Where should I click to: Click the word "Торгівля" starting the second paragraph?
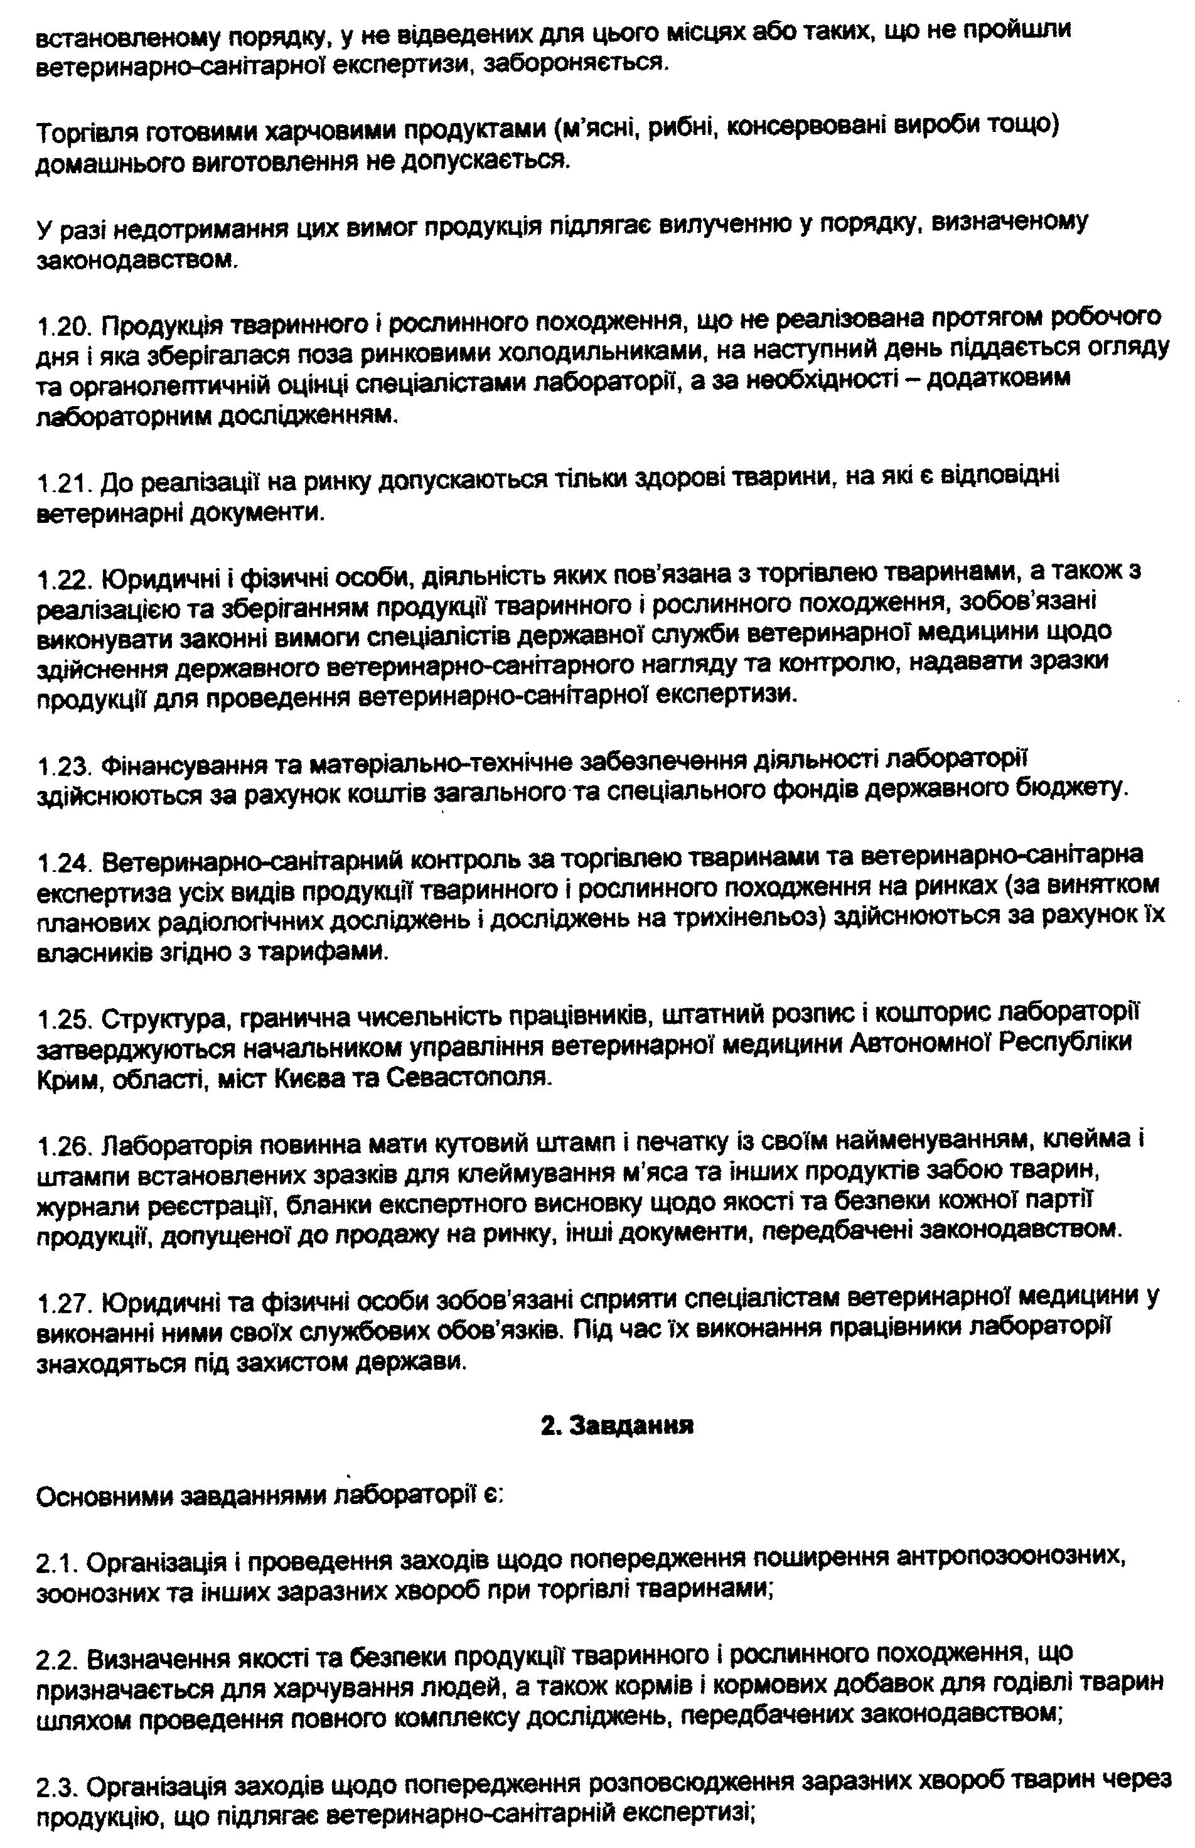pos(85,134)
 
